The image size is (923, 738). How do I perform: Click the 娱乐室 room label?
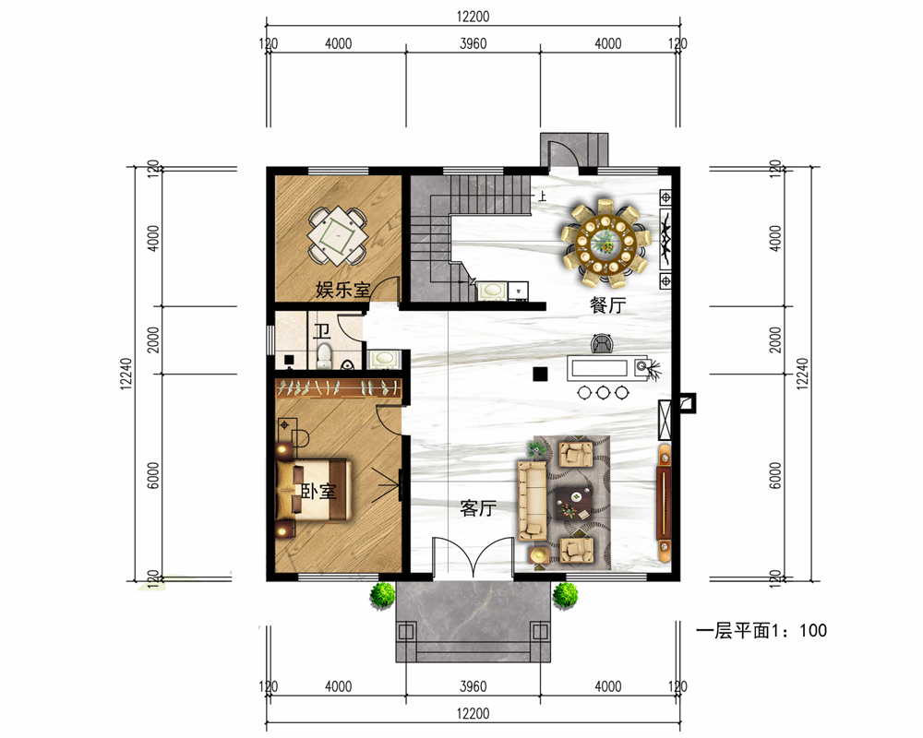pos(343,290)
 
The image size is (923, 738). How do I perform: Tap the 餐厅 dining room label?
pos(607,304)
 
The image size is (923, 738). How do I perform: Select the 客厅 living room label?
pos(478,508)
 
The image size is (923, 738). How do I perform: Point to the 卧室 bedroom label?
pos(318,492)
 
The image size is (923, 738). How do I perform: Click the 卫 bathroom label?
pos(321,331)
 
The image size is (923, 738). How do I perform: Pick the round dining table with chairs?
pos(605,243)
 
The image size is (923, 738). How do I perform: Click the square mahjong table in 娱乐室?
pos(338,235)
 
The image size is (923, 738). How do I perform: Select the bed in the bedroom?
pos(315,490)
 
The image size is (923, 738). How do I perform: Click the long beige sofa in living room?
pos(533,501)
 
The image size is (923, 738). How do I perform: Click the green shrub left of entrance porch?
pos(383,596)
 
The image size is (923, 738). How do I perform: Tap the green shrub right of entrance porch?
pos(565,595)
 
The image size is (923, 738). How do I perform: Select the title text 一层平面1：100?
pos(761,631)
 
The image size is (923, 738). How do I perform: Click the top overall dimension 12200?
pos(473,17)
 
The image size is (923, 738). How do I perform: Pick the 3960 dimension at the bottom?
pos(473,686)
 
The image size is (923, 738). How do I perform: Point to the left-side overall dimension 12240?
pos(126,374)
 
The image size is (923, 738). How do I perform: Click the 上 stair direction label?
pos(542,196)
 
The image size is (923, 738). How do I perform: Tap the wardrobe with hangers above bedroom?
pos(339,387)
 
